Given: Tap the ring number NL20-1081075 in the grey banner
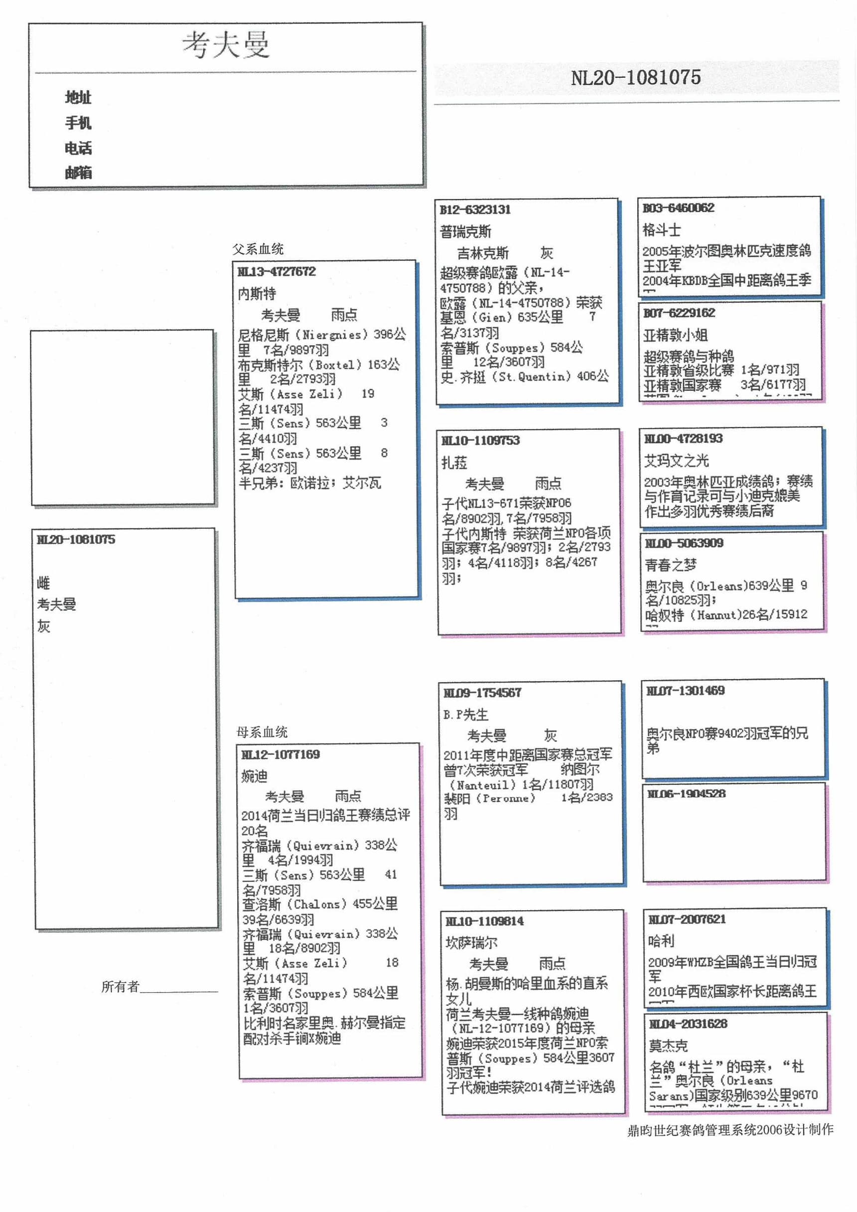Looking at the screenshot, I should tap(635, 78).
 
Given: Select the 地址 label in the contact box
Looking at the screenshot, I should tap(78, 97).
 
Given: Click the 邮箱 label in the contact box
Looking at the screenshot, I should tap(78, 173).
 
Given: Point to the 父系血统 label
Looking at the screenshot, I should tap(258, 249).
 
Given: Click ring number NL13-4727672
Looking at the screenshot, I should tap(277, 272).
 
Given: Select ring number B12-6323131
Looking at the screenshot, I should tap(475, 209).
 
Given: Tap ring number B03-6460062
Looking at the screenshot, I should tap(678, 208).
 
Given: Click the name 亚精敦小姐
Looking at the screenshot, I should tap(675, 335).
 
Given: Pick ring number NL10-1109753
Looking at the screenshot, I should tap(480, 440).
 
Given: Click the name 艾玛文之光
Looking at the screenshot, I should tap(676, 460).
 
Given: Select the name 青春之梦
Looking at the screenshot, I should tap(670, 565).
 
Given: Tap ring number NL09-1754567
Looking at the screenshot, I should tap(482, 693).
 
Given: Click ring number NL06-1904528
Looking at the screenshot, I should tap(686, 793).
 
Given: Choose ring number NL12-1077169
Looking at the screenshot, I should tap(280, 754).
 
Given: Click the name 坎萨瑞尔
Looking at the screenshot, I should tap(471, 942).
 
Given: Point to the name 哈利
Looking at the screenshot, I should tap(661, 940).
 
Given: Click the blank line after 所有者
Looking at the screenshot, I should tap(179, 988).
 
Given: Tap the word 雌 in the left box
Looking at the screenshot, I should tap(43, 583).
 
